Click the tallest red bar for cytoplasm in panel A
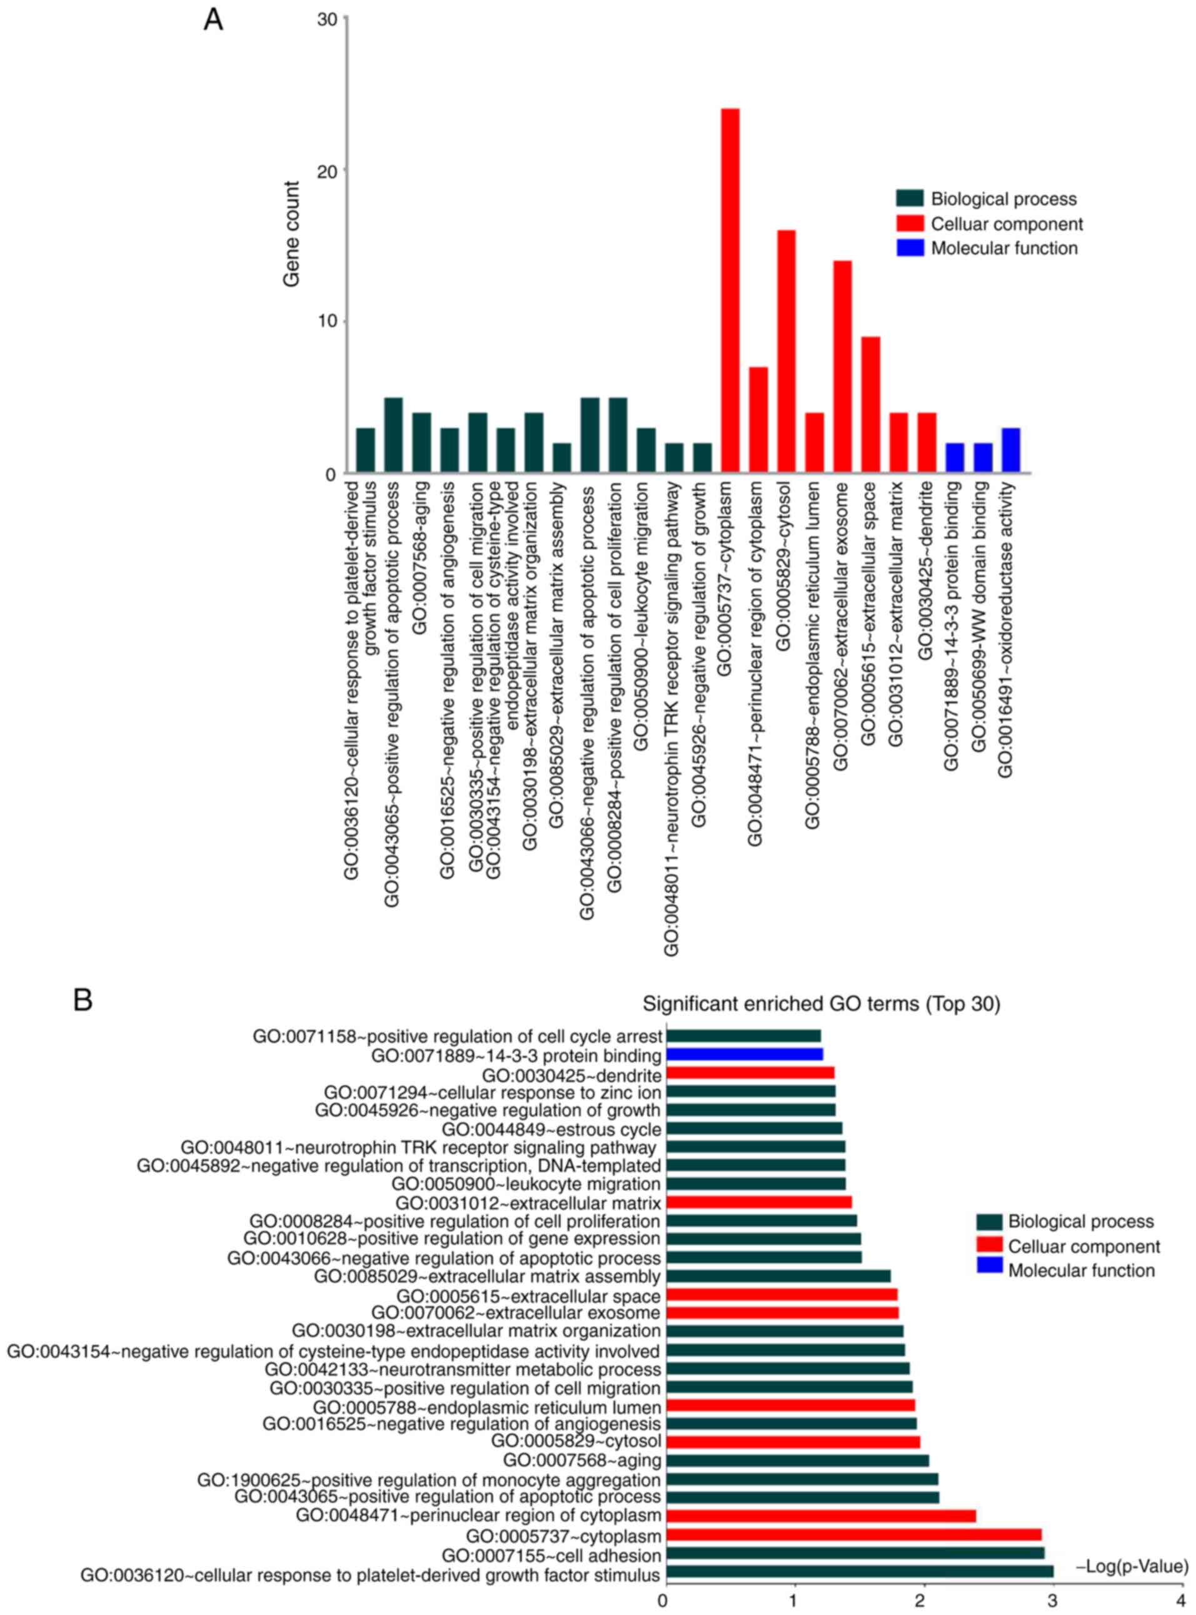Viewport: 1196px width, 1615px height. point(730,290)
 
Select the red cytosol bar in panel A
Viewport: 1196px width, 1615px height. point(786,352)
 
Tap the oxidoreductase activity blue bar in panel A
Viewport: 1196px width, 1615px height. point(1011,450)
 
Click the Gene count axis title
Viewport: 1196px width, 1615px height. point(292,235)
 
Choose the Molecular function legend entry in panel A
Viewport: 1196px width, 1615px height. point(1003,248)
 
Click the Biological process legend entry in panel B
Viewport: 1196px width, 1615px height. point(1080,1222)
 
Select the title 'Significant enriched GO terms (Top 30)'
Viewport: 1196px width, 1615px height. point(821,1005)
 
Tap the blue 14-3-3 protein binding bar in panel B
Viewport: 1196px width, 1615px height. point(744,1055)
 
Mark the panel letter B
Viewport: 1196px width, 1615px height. point(83,1001)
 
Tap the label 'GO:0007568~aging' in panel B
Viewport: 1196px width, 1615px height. point(581,1460)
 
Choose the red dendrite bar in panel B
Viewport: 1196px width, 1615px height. point(750,1073)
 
